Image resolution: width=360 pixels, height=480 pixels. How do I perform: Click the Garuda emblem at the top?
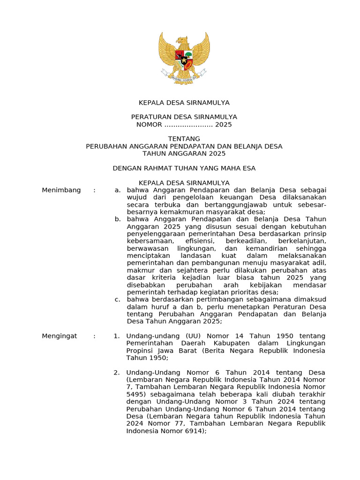[184, 58]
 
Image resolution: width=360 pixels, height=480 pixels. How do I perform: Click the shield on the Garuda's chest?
[184, 59]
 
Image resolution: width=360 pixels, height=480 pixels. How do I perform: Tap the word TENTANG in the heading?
[184, 139]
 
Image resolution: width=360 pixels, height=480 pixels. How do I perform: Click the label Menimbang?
[61, 190]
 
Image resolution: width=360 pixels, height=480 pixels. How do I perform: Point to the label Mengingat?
[61, 336]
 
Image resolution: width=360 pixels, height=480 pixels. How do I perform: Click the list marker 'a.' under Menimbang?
[117, 190]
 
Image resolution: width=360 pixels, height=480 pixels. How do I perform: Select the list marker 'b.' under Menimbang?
[118, 219]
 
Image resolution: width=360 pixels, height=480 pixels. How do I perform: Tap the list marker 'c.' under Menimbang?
[117, 300]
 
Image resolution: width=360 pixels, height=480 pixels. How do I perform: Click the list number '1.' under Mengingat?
[117, 336]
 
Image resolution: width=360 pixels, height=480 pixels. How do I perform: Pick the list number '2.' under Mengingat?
[117, 373]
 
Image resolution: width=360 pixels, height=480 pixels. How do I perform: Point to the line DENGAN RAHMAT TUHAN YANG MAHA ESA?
[184, 168]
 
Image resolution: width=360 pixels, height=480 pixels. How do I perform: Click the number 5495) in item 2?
[136, 394]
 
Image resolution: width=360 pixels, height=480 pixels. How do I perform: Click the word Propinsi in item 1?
[140, 351]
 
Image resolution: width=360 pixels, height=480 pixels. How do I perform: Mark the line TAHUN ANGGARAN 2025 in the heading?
[184, 153]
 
